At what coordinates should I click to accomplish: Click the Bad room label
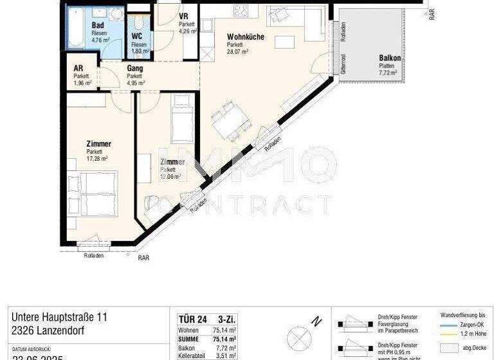coord(98,26)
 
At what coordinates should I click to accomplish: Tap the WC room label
coord(137,37)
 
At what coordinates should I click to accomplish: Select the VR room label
coord(183,16)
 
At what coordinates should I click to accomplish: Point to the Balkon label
coord(390,59)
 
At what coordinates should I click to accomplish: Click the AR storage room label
coord(78,68)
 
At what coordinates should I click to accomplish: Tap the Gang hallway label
coord(134,68)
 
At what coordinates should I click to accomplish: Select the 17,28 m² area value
coord(97,158)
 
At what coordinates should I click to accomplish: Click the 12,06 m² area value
coord(170,175)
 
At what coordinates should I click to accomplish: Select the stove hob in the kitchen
coord(241,10)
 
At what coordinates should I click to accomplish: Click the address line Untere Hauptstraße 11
coord(59,318)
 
